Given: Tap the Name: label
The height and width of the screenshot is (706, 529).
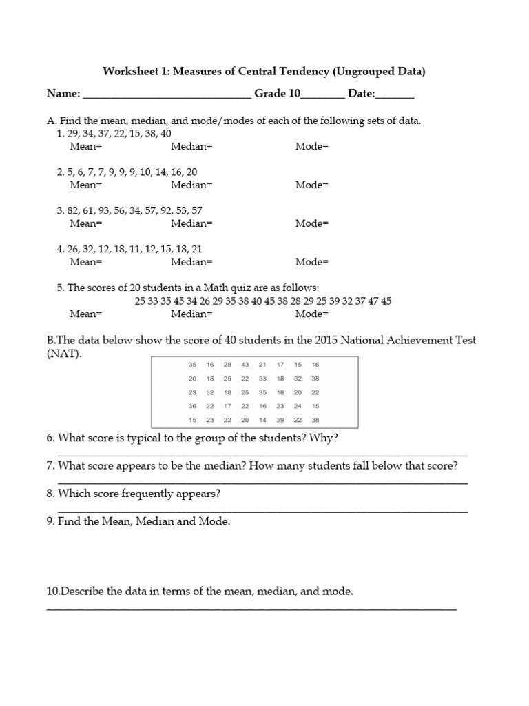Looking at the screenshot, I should (x=63, y=94).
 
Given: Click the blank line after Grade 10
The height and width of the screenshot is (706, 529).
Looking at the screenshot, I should (x=322, y=97).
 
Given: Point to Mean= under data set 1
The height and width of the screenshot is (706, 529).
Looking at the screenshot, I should (x=85, y=146).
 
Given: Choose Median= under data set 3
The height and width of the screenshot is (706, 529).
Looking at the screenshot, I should (x=192, y=223).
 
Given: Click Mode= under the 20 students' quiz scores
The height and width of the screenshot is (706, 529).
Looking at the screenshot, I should (x=312, y=314).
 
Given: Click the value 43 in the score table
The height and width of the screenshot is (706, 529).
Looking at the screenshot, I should (x=245, y=365).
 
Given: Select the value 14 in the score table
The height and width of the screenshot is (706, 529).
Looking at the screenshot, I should (x=262, y=419).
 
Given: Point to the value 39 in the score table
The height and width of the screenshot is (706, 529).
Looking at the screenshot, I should (x=280, y=419).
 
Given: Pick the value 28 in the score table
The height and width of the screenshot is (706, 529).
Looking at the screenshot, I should (x=227, y=365).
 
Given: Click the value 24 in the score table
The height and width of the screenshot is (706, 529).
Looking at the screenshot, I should (x=298, y=406).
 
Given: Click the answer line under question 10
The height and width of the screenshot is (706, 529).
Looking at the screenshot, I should (x=251, y=608).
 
